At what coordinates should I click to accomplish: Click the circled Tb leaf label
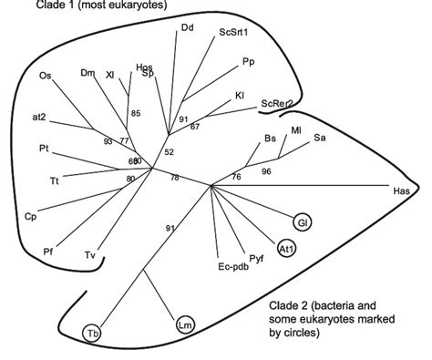click(93, 334)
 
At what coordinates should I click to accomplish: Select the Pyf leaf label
click(256, 260)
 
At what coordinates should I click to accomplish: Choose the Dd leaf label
click(187, 27)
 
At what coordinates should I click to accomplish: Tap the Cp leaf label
click(30, 216)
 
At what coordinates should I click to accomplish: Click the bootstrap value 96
click(266, 170)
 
